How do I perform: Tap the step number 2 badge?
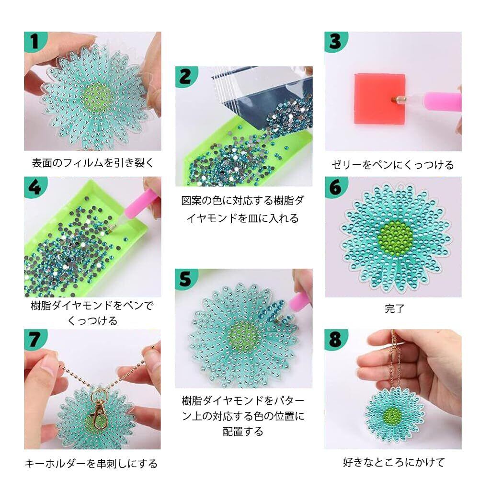pyautogui.click(x=186, y=76)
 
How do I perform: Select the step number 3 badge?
pyautogui.click(x=336, y=41)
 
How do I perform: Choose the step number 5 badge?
pyautogui.click(x=186, y=279)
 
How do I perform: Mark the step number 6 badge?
pyautogui.click(x=336, y=187)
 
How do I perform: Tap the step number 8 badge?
pyautogui.click(x=336, y=339)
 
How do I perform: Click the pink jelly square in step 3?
pyautogui.click(x=380, y=98)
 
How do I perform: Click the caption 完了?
pyautogui.click(x=394, y=308)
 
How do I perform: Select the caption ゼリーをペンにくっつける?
pyautogui.click(x=393, y=165)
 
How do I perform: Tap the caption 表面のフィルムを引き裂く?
pyautogui.click(x=93, y=163)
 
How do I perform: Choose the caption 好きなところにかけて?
pyautogui.click(x=393, y=462)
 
